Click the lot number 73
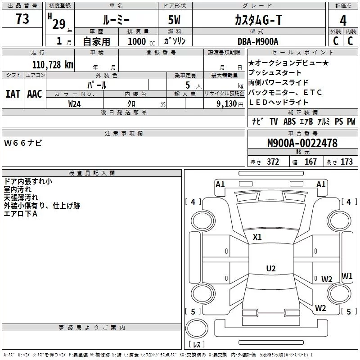click(22, 19)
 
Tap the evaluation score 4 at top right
click(343, 21)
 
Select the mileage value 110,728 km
click(53, 64)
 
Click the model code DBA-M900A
click(258, 41)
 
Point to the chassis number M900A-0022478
click(302, 144)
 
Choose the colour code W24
click(75, 104)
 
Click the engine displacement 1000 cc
click(141, 41)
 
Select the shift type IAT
click(13, 94)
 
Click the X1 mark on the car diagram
click(257, 237)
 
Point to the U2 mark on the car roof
click(270, 269)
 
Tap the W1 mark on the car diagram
click(347, 276)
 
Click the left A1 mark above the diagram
click(220, 184)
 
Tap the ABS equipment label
click(289, 121)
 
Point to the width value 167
click(310, 162)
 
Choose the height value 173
click(346, 162)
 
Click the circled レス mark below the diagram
click(197, 344)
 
